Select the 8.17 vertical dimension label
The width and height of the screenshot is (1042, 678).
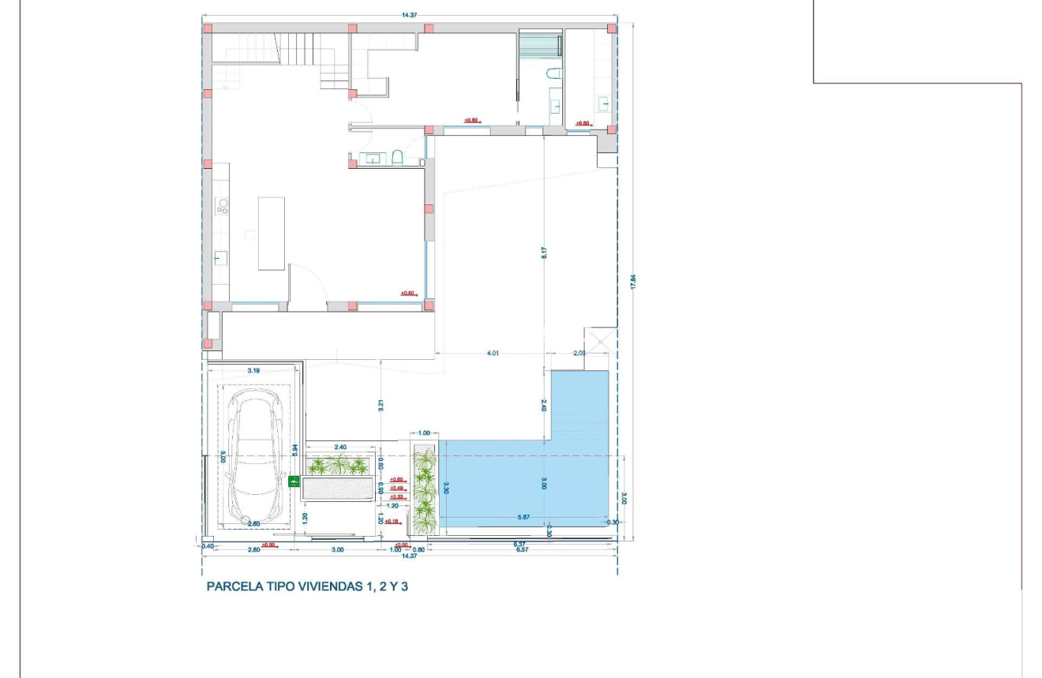[x=544, y=254]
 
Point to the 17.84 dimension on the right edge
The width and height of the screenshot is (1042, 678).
[x=632, y=282]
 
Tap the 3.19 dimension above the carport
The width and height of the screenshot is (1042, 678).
[x=253, y=369]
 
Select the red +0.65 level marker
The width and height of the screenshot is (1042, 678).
[x=396, y=479]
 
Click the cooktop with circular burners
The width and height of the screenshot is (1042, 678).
[x=222, y=207]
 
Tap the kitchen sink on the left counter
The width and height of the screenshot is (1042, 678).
[x=221, y=257]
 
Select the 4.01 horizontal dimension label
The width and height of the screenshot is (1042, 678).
[x=493, y=354]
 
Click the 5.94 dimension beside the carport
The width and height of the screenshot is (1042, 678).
[x=294, y=451]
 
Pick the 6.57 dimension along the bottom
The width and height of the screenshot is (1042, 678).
[x=522, y=550]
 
